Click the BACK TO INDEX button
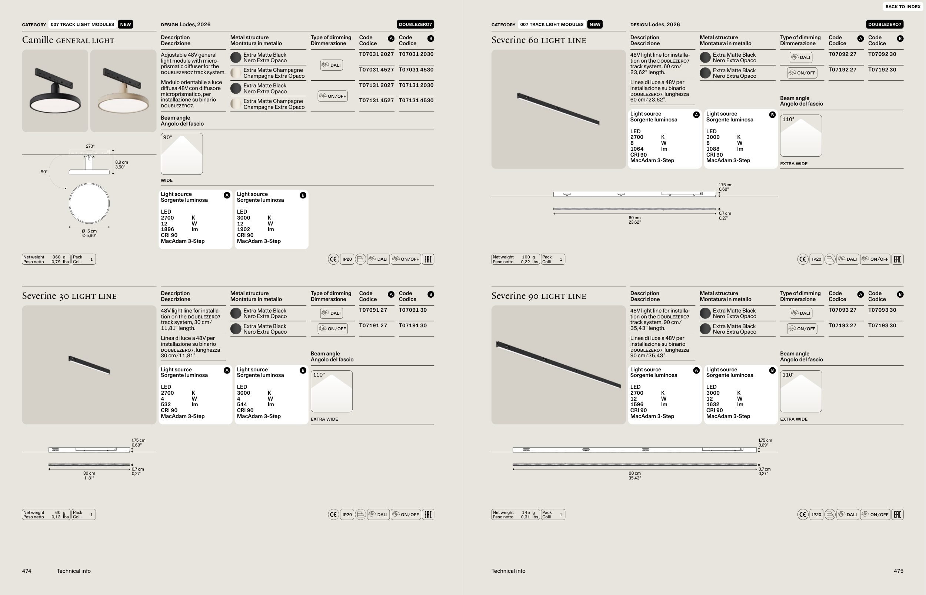tap(903, 7)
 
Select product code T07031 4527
tap(376, 70)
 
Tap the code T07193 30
tap(882, 325)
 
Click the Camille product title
tap(68, 40)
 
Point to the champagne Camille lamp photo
tap(123, 91)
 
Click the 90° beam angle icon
tap(181, 154)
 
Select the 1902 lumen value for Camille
tap(243, 229)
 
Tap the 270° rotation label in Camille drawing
tap(90, 146)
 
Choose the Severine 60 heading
tap(539, 40)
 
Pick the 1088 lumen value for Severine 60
tap(713, 149)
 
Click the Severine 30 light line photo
tap(89, 365)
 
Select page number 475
tap(899, 571)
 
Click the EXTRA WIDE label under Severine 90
tap(794, 419)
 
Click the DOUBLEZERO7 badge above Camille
tap(416, 24)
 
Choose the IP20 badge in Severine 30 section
tap(347, 515)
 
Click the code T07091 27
tap(373, 310)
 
